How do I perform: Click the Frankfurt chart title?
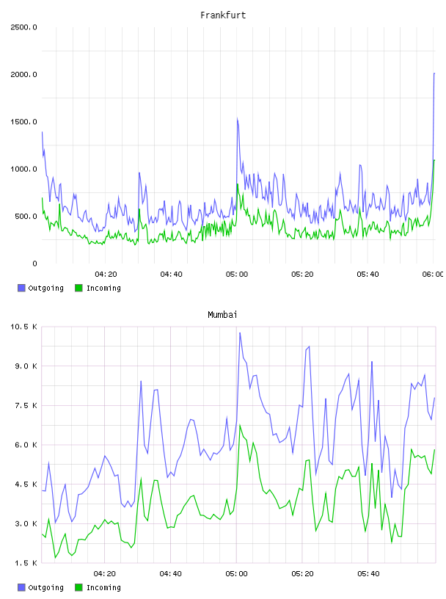point(223,15)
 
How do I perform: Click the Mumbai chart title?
point(222,315)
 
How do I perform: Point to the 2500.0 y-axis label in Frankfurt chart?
point(23,27)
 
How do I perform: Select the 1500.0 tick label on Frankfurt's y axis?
point(23,122)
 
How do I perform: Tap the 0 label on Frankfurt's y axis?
point(34,264)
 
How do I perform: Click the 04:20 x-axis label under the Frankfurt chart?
point(106,275)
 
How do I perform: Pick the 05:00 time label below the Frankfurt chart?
point(237,275)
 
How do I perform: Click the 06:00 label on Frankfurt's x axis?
point(433,275)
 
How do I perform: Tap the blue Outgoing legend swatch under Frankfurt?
point(21,288)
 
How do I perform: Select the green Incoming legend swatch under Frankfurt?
point(78,288)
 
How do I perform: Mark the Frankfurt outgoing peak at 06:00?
point(434,73)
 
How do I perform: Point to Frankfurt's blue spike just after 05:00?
point(238,118)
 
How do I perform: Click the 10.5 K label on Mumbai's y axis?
point(23,327)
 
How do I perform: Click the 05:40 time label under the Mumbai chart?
point(368,574)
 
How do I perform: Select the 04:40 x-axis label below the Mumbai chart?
point(171,574)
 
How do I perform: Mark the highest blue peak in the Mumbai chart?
point(240,333)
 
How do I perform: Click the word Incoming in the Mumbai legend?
point(103,587)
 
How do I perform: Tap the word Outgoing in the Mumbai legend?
point(45,587)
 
